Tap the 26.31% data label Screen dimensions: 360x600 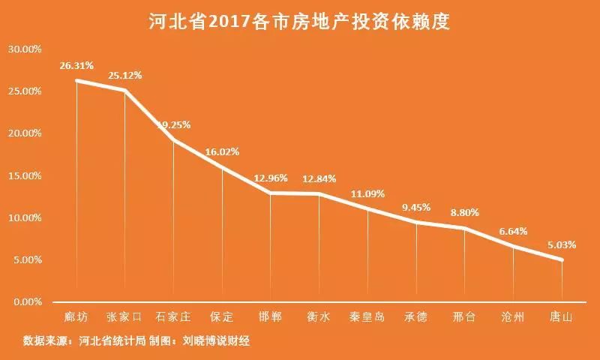point(76,66)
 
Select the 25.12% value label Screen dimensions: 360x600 point(124,76)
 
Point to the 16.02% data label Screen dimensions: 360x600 point(222,151)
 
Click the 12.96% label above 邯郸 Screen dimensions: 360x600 point(271,178)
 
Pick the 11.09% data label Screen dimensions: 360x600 point(367,193)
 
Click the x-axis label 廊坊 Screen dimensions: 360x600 point(76,316)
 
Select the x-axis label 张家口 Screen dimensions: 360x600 point(124,316)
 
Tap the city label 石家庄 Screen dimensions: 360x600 point(173,316)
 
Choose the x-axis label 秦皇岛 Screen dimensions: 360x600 point(367,316)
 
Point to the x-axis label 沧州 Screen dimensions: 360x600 point(513,316)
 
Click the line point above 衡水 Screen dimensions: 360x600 point(319,193)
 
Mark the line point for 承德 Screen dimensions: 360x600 point(416,222)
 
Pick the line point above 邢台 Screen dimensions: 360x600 point(465,228)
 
